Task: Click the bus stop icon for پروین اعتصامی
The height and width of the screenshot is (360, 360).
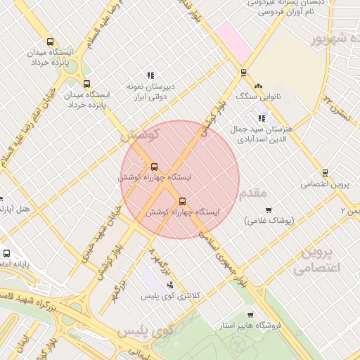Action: [x=325, y=172]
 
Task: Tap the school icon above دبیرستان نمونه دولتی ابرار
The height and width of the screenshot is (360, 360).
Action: [x=150, y=75]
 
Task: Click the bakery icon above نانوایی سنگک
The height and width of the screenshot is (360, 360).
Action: [x=258, y=85]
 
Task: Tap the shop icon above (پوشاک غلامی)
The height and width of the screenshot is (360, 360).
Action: [x=268, y=210]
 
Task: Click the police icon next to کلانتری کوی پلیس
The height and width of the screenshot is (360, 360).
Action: [x=169, y=285]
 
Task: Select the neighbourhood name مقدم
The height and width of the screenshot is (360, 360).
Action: [x=253, y=192]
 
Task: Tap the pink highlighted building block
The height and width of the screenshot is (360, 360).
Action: [x=233, y=41]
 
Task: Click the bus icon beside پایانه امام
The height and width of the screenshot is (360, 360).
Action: [x=6, y=254]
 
